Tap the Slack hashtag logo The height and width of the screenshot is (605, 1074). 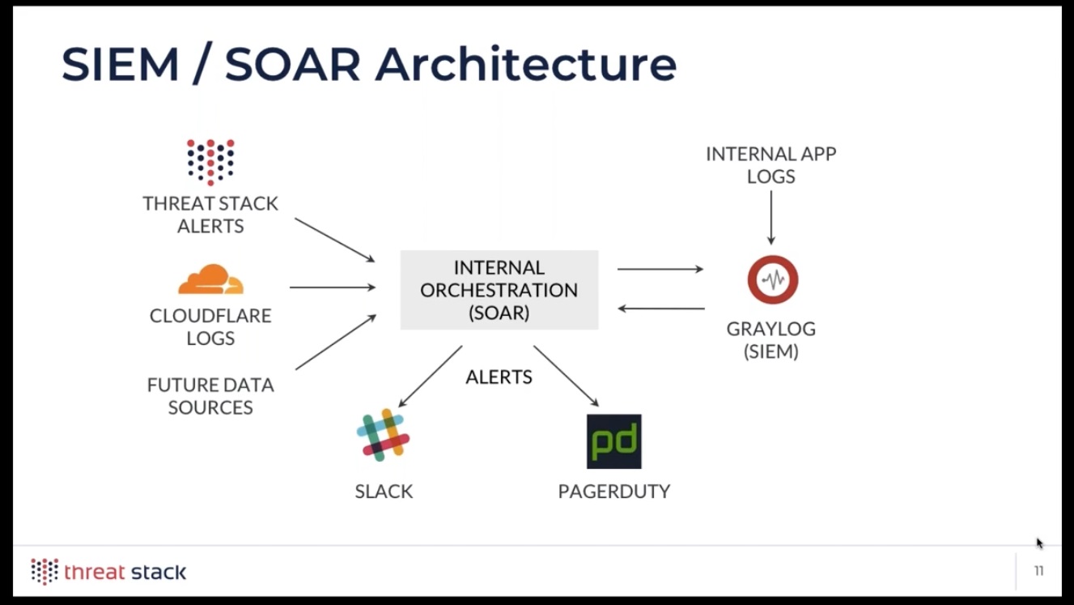383,435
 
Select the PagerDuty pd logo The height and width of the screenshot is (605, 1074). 613,441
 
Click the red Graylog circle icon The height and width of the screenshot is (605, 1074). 772,279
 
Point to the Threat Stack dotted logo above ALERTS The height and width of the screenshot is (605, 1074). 210,163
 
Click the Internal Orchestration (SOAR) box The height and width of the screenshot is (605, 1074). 499,290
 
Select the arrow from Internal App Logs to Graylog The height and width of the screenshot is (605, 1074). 771,218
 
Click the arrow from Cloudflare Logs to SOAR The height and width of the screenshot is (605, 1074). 333,288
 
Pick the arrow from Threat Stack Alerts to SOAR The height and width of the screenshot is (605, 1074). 335,240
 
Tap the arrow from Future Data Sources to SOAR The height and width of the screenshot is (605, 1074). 336,342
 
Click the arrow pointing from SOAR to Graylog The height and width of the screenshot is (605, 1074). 660,269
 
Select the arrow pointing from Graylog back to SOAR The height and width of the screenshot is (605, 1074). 661,309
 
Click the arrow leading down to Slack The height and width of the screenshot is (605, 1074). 431,376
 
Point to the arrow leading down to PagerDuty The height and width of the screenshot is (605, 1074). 567,376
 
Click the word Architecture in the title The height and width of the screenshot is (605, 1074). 526,65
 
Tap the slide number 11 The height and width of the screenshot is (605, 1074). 1038,571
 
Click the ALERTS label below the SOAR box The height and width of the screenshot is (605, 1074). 499,377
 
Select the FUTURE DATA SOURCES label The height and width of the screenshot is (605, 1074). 210,396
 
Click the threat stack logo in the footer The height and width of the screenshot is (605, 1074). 108,572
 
